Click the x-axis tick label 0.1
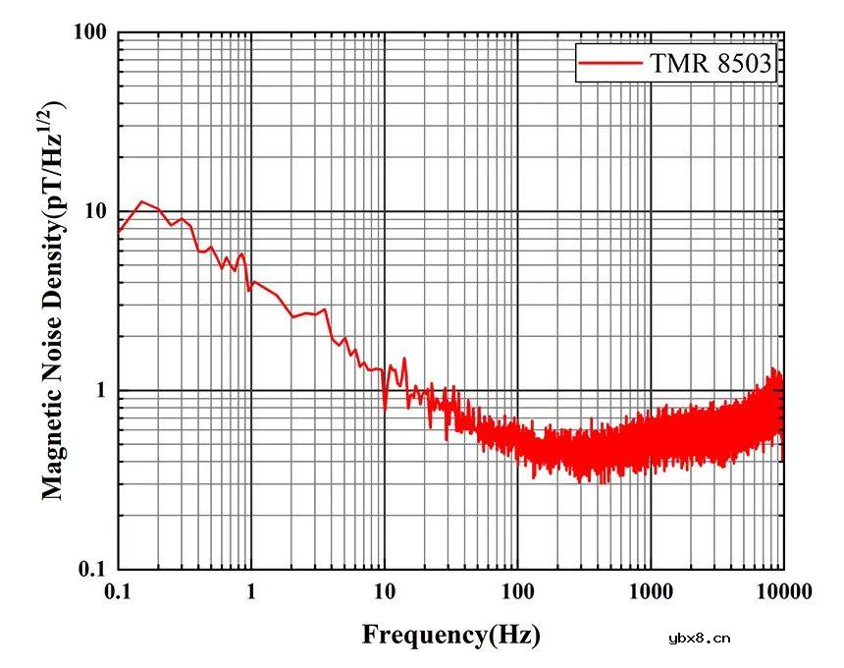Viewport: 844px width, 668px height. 118,591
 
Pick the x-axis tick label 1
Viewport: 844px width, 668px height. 251,591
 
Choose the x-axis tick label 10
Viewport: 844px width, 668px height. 385,591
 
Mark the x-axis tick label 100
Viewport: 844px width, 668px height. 517,591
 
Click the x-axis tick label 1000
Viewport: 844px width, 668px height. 650,591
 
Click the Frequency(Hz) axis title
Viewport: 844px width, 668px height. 450,635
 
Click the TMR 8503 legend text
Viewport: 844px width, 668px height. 712,64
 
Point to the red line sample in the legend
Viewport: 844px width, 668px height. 610,64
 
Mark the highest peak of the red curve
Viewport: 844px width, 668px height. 142,201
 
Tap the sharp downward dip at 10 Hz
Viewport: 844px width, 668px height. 385,409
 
